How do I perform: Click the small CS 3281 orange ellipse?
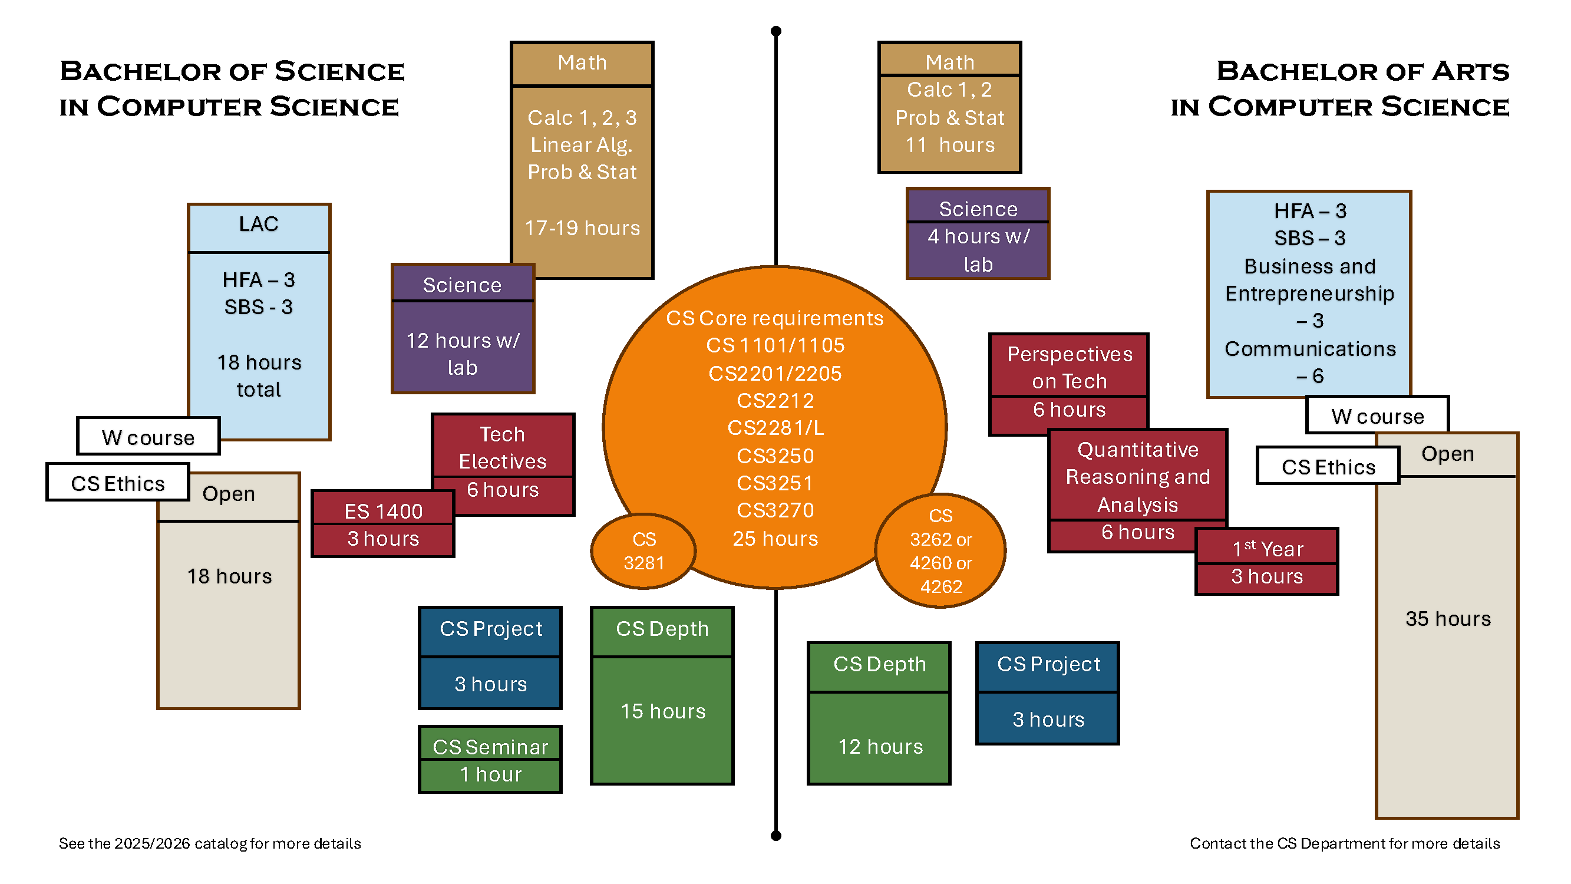(643, 551)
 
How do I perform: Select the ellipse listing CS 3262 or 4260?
(940, 551)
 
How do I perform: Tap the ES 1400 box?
(383, 524)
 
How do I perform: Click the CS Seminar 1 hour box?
(490, 760)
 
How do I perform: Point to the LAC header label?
(259, 224)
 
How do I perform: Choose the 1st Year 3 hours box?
(1266, 562)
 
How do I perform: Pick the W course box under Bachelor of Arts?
(1377, 415)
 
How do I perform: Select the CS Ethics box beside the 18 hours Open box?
(118, 483)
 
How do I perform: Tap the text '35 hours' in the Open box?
(1447, 619)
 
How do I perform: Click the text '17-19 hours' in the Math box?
(582, 227)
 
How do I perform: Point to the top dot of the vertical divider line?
(775, 31)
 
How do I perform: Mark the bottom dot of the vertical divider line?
(775, 835)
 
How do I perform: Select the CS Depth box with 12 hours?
(879, 713)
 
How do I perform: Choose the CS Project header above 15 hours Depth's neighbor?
(490, 629)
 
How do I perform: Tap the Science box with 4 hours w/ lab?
(978, 233)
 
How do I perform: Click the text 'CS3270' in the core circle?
(775, 509)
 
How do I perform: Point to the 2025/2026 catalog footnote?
(210, 843)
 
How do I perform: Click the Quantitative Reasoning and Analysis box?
(1137, 489)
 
